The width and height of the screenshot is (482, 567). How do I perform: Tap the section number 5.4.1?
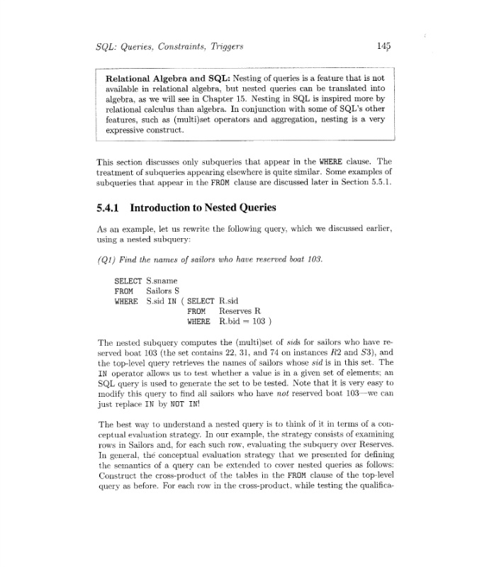pyautogui.click(x=109, y=208)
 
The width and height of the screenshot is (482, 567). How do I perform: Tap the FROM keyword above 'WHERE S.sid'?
pyautogui.click(x=123, y=291)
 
